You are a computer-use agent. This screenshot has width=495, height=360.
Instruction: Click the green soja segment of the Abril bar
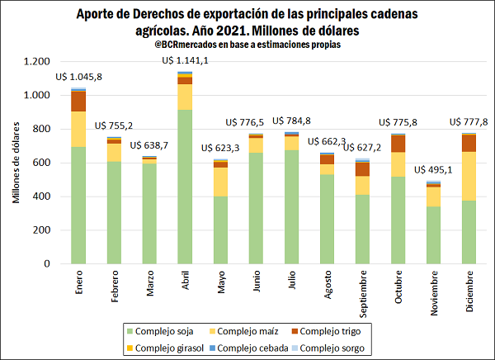tap(185, 187)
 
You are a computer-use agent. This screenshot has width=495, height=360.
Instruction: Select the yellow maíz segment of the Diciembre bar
tap(469, 176)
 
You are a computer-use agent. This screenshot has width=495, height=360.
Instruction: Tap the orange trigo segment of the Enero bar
tap(78, 101)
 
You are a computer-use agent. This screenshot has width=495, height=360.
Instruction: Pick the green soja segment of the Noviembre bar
tap(433, 235)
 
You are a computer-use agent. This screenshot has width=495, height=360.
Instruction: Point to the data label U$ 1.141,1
tap(185, 60)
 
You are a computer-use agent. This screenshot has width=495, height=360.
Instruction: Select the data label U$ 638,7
tap(149, 145)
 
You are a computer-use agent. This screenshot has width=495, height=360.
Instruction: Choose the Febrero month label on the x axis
tap(114, 291)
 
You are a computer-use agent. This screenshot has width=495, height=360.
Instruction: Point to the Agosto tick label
tap(327, 289)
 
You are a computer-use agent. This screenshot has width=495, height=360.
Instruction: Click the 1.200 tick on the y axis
tap(37, 62)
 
